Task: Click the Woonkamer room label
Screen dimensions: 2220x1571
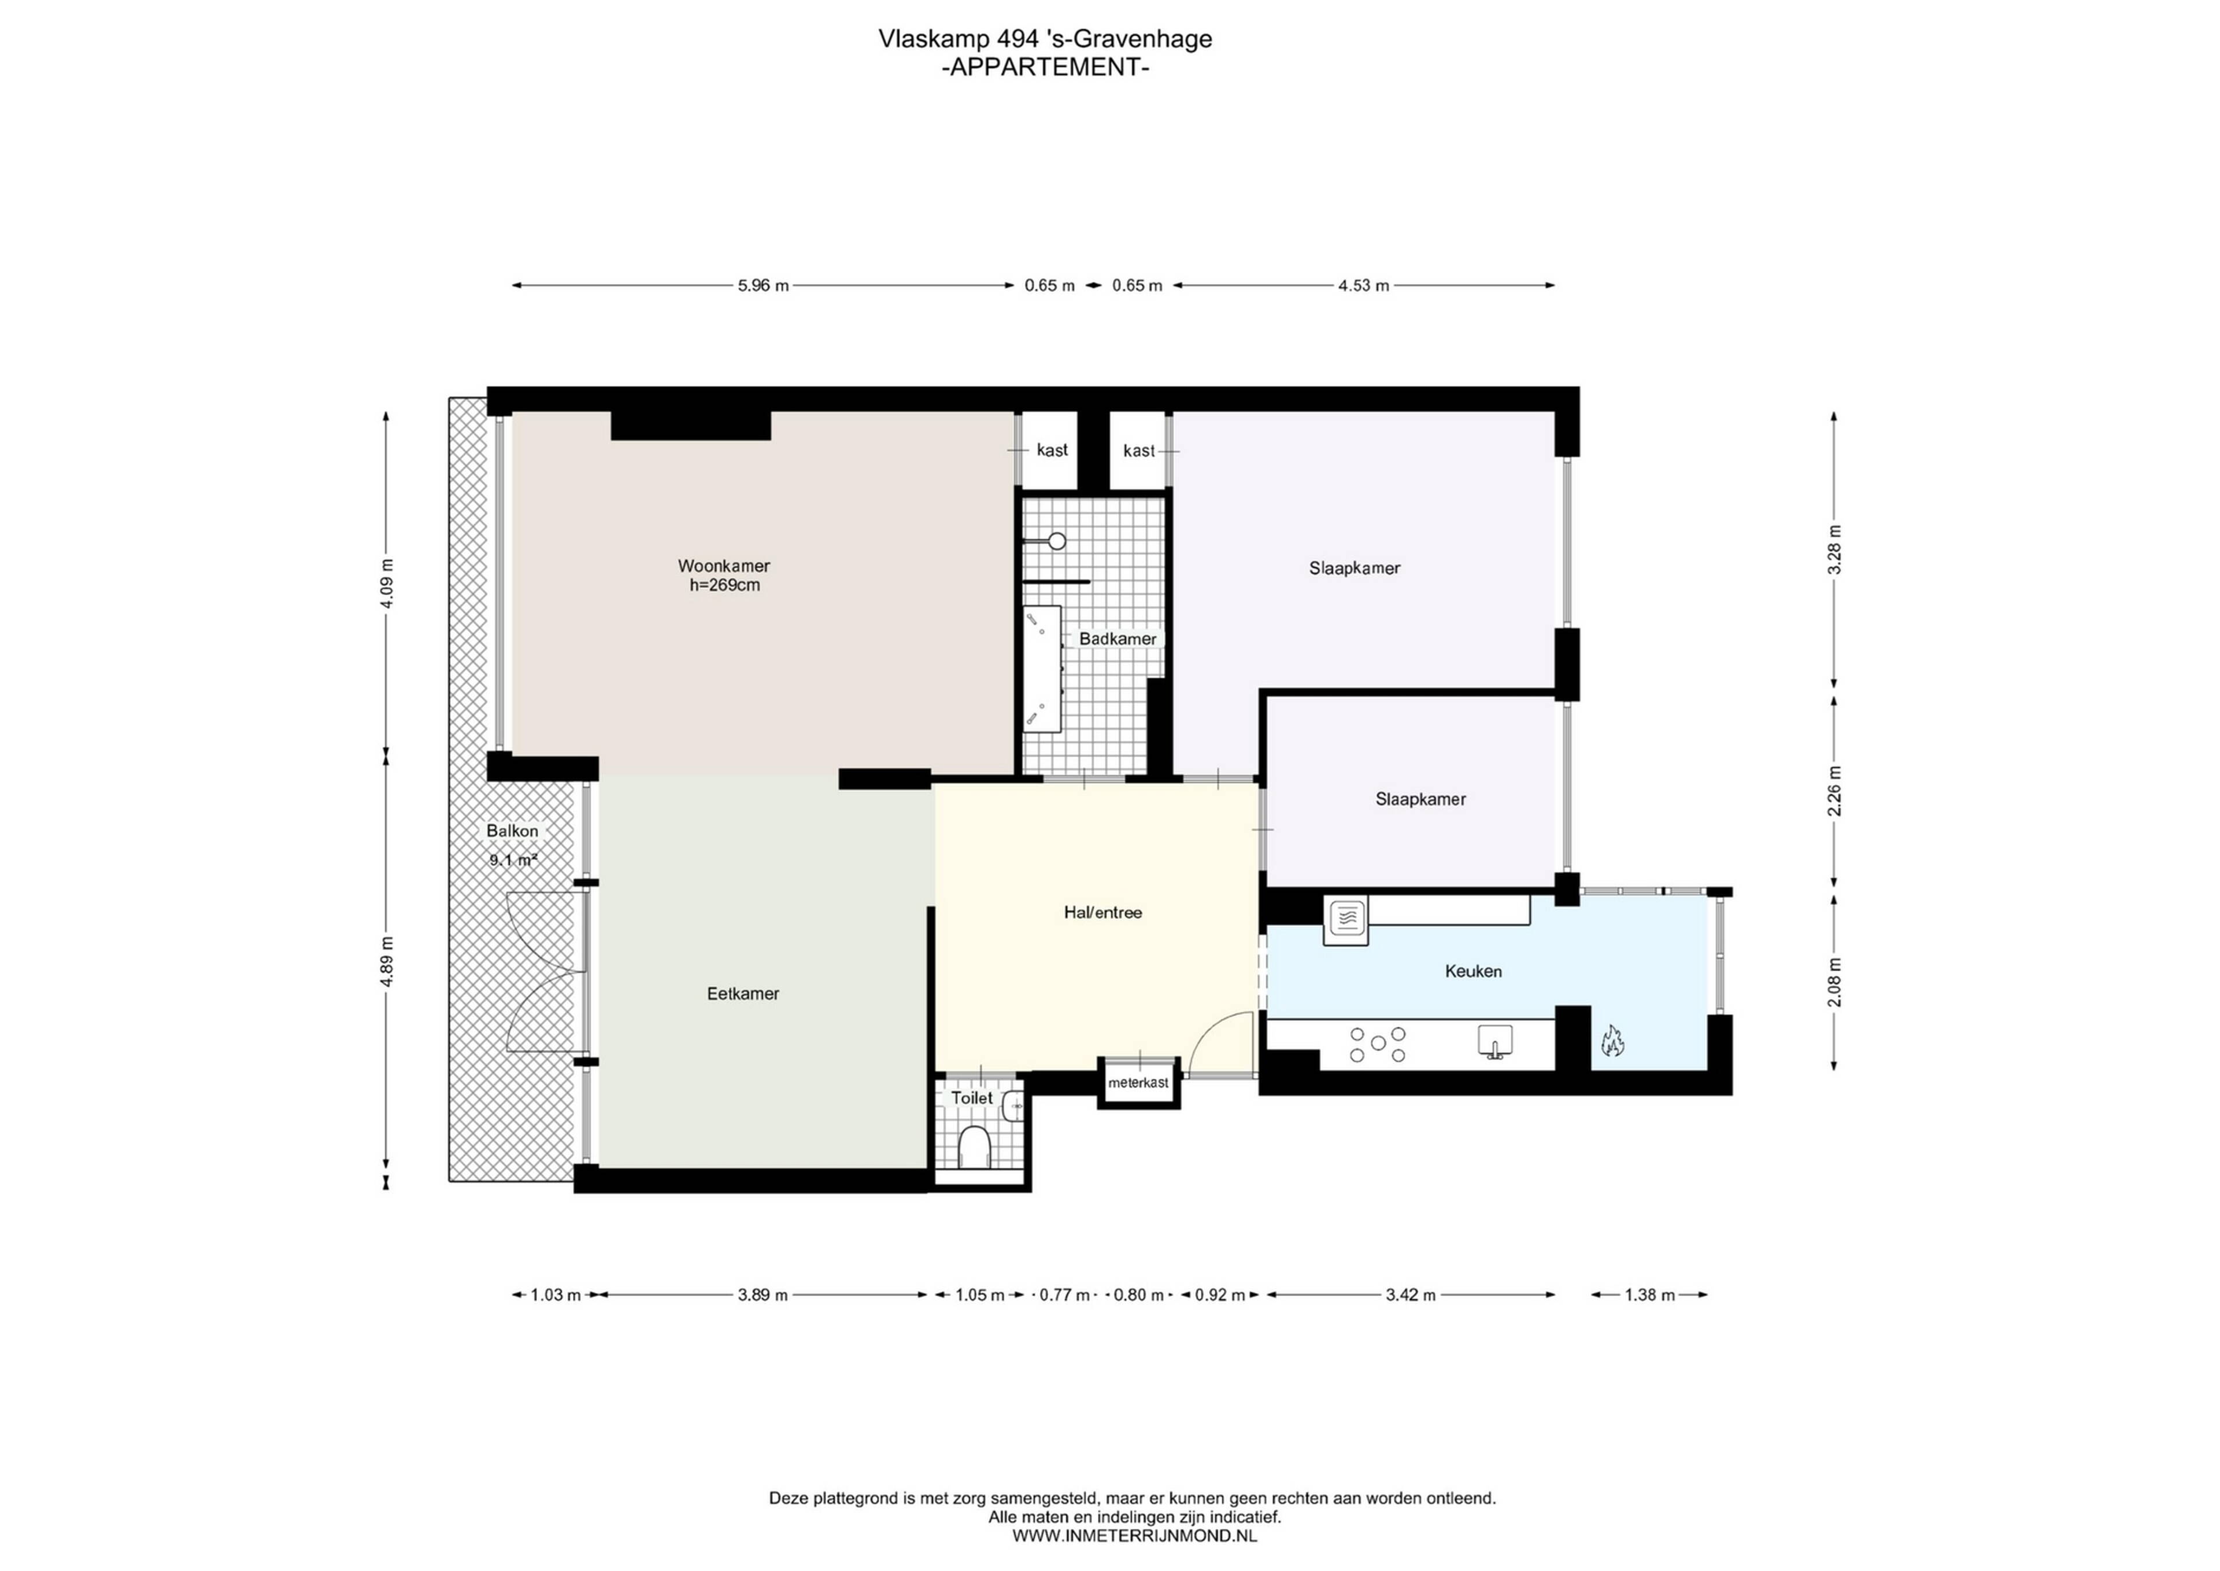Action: (x=723, y=566)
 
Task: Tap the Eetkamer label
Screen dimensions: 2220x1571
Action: (x=742, y=994)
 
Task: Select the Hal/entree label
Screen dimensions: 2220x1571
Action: (x=1102, y=912)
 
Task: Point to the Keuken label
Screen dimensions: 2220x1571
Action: (x=1472, y=971)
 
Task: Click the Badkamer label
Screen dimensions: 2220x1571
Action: (x=1118, y=639)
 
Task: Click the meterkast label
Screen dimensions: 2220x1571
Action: (x=1138, y=1082)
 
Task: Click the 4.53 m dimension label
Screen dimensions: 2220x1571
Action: (x=1363, y=285)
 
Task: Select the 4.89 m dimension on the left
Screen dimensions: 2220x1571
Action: (x=387, y=961)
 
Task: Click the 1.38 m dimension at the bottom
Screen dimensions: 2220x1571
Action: (x=1649, y=1295)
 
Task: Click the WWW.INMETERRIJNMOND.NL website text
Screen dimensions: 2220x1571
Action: (x=1134, y=1535)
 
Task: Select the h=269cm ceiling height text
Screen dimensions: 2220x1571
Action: (x=724, y=585)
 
